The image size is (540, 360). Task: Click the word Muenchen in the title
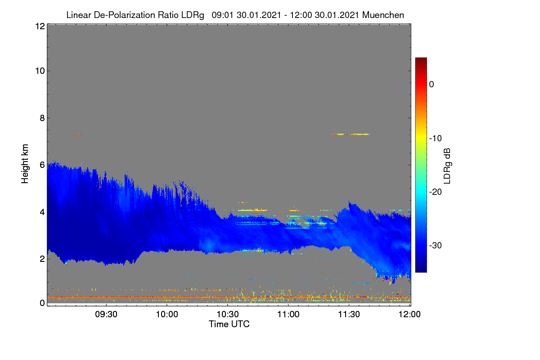point(383,15)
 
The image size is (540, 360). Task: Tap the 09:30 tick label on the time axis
point(106,314)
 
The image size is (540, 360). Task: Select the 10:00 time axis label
point(167,314)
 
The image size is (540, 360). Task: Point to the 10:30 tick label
point(228,314)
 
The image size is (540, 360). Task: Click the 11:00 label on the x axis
point(288,314)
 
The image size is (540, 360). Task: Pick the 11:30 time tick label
point(349,314)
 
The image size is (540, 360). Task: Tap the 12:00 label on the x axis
point(409,314)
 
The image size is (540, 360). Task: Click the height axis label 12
point(40,26)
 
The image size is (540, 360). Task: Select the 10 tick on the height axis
point(40,71)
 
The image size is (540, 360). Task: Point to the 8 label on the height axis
point(42,118)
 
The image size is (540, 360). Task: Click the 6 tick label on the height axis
point(42,165)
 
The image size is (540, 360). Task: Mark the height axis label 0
point(42,303)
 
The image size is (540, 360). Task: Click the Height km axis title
point(25,164)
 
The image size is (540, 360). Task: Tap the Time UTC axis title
point(229,324)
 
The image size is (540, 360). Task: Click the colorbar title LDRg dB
point(447,166)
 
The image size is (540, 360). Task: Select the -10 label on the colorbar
point(436,138)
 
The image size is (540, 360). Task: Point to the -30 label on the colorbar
point(436,245)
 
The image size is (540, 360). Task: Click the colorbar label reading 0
point(432,85)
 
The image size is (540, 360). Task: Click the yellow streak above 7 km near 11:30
point(351,134)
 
